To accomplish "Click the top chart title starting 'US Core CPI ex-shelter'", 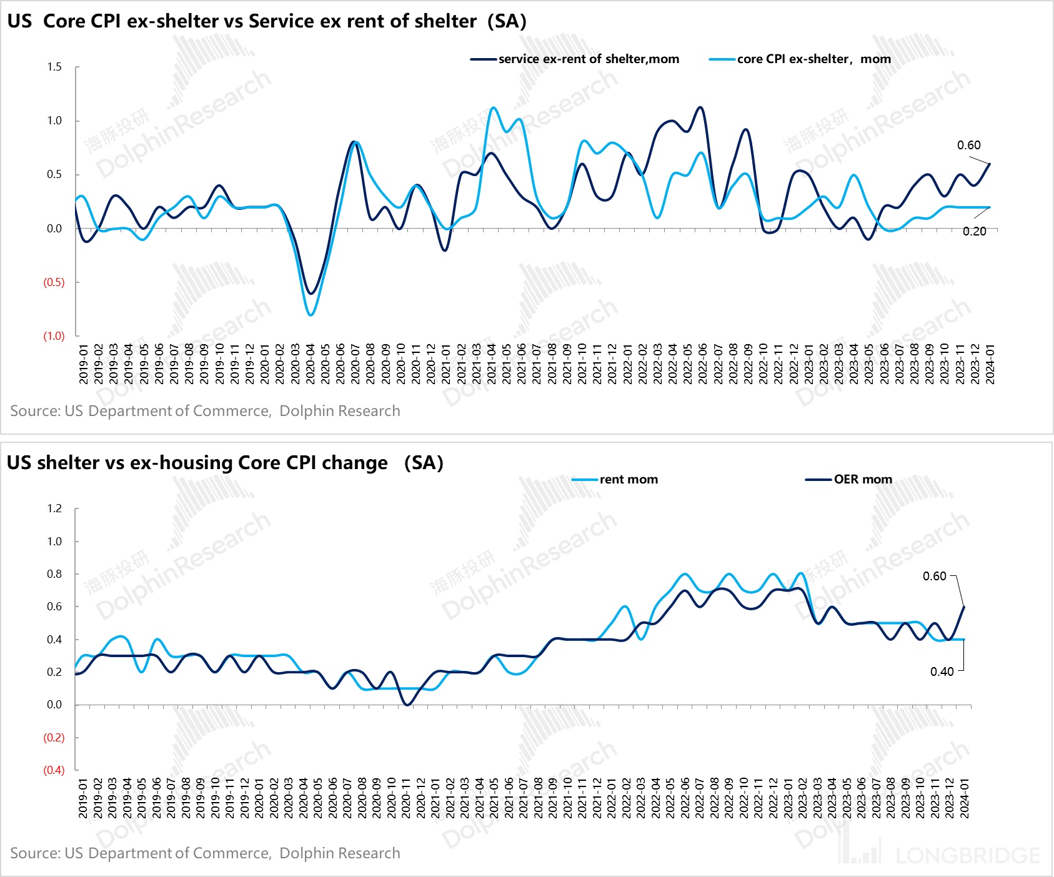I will coord(267,21).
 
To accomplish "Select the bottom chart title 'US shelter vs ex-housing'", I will coord(225,463).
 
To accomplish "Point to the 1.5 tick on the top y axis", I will coord(54,67).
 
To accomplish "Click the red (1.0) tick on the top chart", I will coord(54,336).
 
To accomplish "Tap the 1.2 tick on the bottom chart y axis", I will coord(54,508).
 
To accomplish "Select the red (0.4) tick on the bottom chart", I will coord(54,770).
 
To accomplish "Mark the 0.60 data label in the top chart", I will coord(968,146).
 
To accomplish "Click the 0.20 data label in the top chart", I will coord(974,232).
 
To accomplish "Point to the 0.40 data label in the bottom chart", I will coord(942,672).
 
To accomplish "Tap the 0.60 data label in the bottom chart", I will coord(935,577).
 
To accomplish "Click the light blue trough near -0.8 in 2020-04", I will coord(311,315).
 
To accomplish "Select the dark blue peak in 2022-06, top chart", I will coord(700,107).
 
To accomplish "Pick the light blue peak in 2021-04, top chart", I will coord(494,107).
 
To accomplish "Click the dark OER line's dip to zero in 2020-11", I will coord(407,705).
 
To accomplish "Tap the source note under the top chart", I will coord(205,411).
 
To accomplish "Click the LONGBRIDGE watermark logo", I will coord(940,853).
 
